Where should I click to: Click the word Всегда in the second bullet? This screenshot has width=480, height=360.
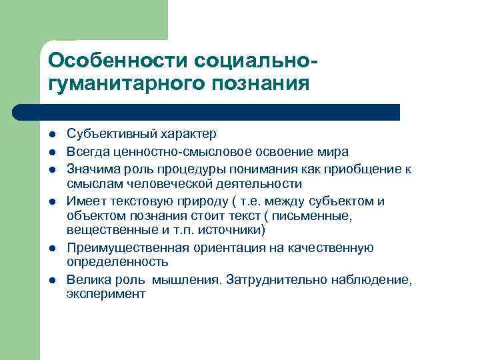[x=85, y=152]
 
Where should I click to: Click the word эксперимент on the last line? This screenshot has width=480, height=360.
[x=105, y=294]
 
